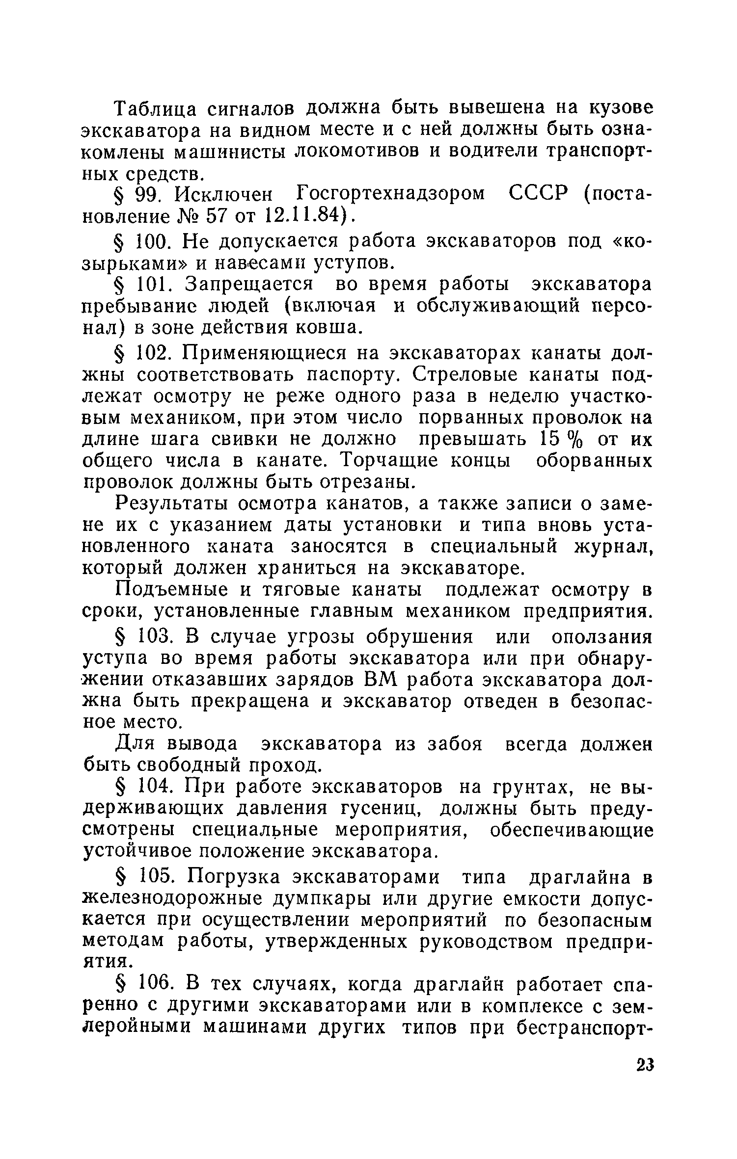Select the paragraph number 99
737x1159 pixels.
145,195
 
